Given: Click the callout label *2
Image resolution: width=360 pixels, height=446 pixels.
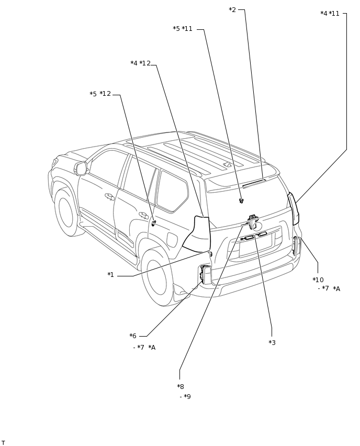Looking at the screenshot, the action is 232,9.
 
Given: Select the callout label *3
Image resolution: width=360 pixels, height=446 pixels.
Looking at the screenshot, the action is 272,342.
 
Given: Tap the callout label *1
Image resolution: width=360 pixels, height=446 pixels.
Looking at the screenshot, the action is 110,275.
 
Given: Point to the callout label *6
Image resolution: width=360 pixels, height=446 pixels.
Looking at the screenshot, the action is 133,336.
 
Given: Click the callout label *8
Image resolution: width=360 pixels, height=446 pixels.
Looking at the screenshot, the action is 181,386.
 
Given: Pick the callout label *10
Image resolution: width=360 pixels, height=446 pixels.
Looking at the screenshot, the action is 318,280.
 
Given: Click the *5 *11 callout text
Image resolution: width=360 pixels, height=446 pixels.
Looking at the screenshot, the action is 183,29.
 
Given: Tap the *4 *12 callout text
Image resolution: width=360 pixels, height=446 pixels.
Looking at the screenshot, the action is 140,63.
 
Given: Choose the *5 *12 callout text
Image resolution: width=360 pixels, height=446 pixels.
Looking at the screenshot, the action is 100,94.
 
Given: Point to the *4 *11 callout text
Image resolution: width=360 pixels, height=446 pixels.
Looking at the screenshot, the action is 330,14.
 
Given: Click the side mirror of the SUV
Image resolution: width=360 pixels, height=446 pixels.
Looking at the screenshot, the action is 81,169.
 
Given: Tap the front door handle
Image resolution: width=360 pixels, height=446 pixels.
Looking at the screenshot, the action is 109,196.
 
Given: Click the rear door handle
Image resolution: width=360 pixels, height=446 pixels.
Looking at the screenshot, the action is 143,215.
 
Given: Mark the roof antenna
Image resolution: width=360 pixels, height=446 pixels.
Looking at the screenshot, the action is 228,164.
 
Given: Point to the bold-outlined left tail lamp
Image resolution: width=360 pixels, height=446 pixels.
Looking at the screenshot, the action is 197,234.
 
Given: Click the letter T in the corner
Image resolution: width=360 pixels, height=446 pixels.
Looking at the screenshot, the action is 3,442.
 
